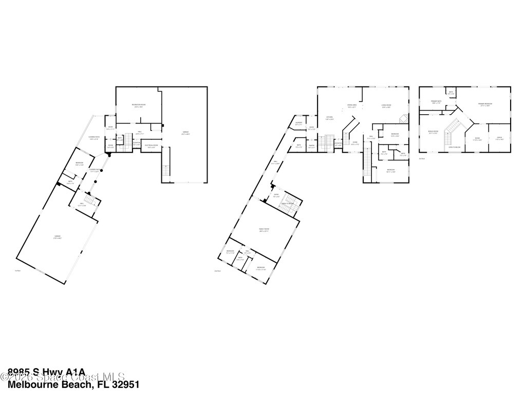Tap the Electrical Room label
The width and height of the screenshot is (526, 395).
point(152,146)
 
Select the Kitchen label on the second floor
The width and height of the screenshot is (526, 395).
point(329,118)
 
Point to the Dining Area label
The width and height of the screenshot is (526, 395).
point(352,106)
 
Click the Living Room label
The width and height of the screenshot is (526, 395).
point(386,106)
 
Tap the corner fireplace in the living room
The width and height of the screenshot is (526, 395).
point(404,118)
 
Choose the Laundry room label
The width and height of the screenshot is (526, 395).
point(298,123)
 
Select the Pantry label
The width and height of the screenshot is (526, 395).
point(311,146)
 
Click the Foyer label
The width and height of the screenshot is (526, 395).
point(354,143)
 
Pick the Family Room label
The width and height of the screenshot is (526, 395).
point(264,229)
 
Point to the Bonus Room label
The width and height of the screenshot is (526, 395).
point(433,132)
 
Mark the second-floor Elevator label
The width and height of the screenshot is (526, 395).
point(337,145)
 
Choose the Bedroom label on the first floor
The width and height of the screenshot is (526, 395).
point(79,164)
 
